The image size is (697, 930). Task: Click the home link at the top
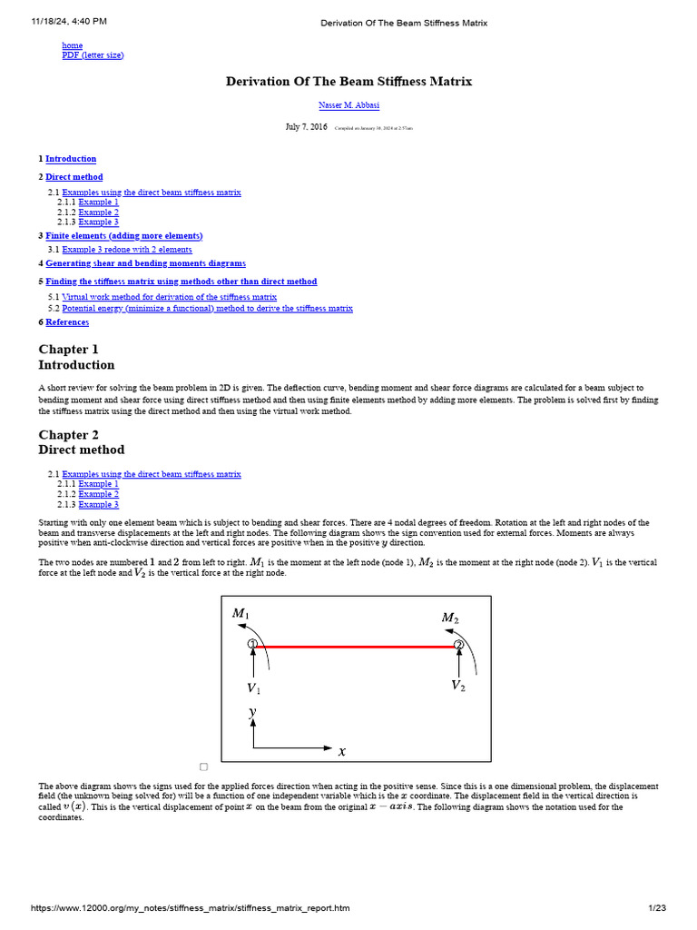(x=72, y=45)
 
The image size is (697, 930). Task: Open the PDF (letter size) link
(x=93, y=55)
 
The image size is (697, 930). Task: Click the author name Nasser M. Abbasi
(x=348, y=105)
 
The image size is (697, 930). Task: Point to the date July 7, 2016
(x=306, y=127)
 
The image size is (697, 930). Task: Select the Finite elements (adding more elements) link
(x=124, y=235)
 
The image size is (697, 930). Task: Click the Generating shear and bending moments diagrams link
(x=145, y=263)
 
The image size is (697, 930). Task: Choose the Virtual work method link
(x=169, y=297)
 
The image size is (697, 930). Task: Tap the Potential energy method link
(x=207, y=309)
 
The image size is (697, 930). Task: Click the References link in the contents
(x=67, y=322)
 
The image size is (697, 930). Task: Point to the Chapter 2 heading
(x=69, y=435)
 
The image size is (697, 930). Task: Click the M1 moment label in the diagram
(x=241, y=614)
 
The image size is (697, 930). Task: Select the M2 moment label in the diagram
(x=449, y=618)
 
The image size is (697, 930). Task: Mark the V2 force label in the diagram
(x=458, y=686)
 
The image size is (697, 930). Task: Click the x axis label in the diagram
(x=342, y=751)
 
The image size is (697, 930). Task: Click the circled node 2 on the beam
(x=459, y=646)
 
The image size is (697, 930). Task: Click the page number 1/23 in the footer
(x=657, y=908)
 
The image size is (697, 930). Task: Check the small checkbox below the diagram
(x=204, y=767)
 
